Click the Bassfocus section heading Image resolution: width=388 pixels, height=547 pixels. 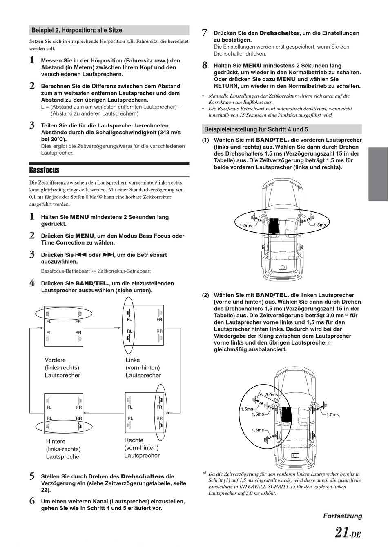(45, 170)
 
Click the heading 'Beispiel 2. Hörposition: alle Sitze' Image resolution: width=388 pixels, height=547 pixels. (77, 30)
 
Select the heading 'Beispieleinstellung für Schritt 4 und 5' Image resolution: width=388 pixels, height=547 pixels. (256, 129)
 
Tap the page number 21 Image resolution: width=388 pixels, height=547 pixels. (341, 533)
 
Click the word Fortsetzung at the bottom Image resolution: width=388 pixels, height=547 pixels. (343, 516)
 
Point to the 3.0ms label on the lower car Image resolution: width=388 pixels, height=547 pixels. (272, 394)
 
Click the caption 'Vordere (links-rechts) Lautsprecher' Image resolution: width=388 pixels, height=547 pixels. (62, 367)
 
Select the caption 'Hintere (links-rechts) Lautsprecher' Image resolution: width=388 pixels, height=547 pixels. (64, 449)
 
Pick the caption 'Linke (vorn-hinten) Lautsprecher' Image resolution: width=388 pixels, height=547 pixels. (143, 367)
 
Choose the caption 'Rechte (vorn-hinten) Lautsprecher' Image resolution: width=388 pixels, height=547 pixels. (142, 448)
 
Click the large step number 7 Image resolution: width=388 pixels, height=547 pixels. (205, 33)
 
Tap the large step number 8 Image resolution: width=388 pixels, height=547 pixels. (205, 65)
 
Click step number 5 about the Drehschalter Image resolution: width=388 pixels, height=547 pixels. (32, 476)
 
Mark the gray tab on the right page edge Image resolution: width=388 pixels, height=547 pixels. (378, 174)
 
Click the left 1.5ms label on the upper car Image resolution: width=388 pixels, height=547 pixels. (245, 225)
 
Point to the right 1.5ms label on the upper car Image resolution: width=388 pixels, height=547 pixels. (320, 225)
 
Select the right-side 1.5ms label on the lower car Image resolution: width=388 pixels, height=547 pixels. (332, 414)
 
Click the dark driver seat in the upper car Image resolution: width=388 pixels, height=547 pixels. (273, 225)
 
